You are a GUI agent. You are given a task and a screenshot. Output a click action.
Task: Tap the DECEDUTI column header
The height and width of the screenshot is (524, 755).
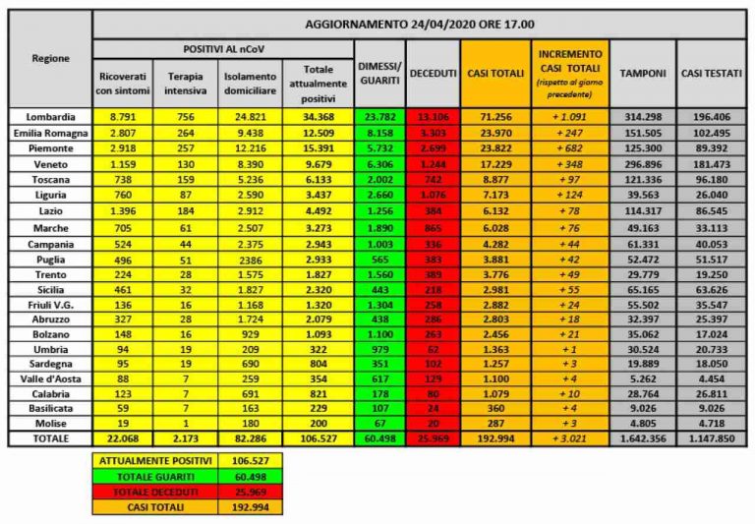[433, 74]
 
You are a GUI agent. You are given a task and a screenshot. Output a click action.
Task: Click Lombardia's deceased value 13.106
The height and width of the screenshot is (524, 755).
[433, 116]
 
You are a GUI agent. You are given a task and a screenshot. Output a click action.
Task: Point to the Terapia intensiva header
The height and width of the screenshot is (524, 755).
[186, 83]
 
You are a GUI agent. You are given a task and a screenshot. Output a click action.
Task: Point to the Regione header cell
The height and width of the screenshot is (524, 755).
[49, 58]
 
